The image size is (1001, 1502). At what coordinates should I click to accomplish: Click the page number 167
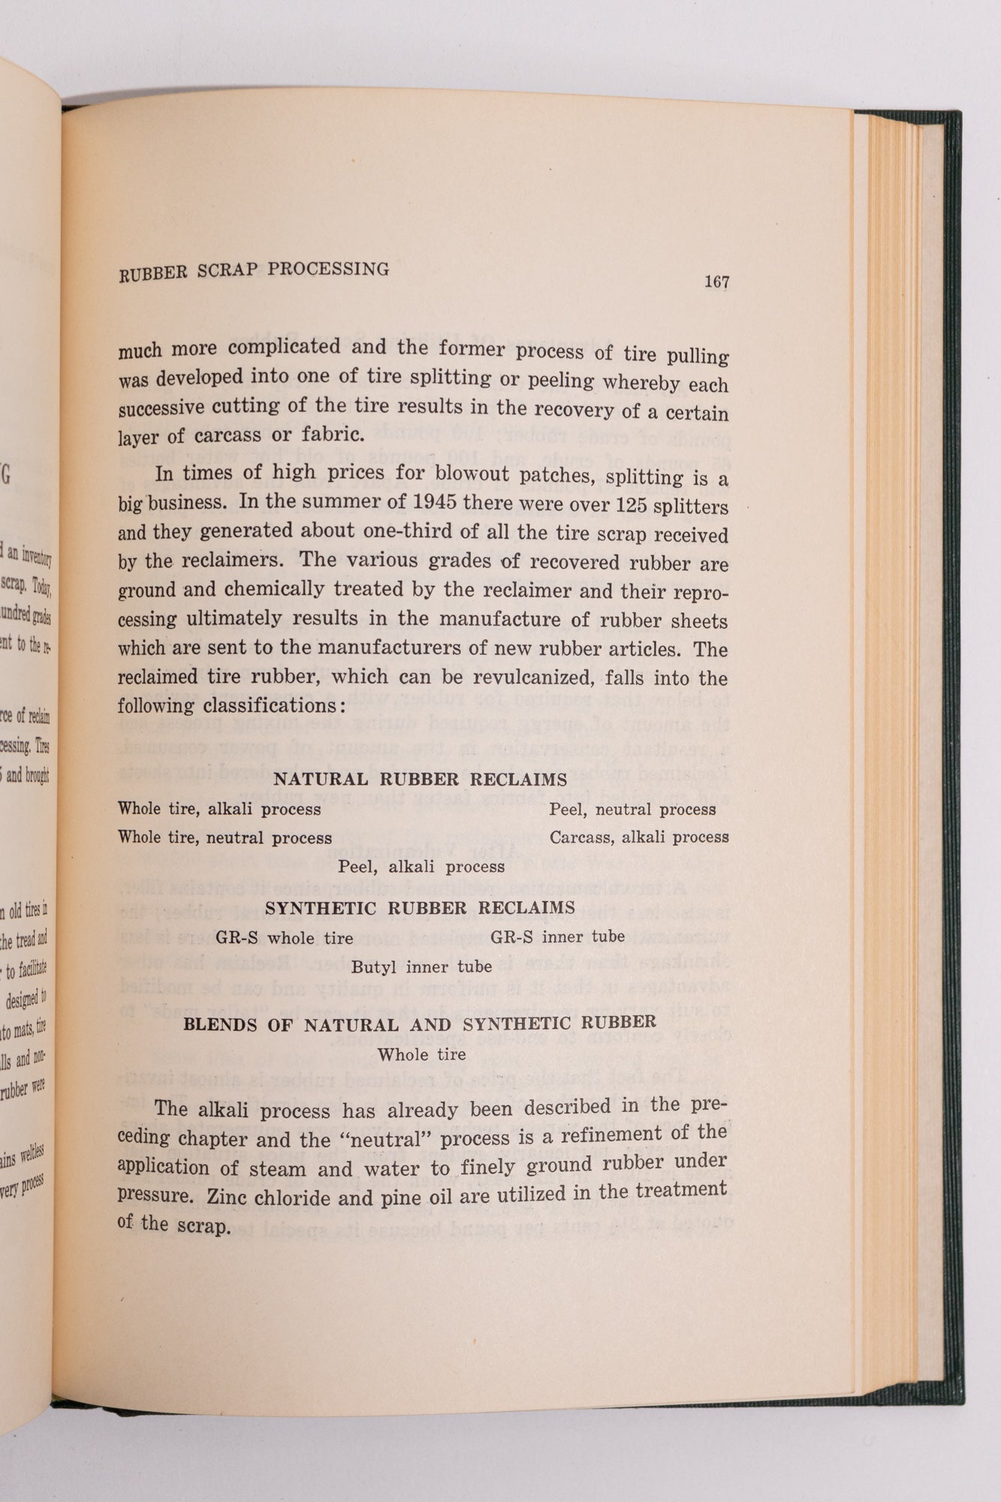pyautogui.click(x=716, y=282)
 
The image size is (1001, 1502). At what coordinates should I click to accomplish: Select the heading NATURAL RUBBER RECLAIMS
pyautogui.click(x=420, y=780)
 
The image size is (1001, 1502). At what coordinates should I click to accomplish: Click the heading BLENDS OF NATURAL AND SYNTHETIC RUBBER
pyautogui.click(x=420, y=1024)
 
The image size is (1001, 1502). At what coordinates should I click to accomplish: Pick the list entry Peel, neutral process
pyautogui.click(x=632, y=809)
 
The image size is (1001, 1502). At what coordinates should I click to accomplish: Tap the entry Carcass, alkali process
pyautogui.click(x=639, y=837)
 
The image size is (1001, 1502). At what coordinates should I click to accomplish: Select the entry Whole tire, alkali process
pyautogui.click(x=219, y=809)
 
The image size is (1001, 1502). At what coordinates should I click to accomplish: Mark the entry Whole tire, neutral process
pyautogui.click(x=225, y=837)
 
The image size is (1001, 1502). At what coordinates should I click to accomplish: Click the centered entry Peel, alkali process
pyautogui.click(x=421, y=867)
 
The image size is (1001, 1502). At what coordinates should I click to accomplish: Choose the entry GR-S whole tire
pyautogui.click(x=284, y=937)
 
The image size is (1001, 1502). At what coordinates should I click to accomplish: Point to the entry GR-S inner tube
pyautogui.click(x=557, y=936)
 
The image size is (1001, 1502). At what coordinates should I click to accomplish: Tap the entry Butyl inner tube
pyautogui.click(x=421, y=967)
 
